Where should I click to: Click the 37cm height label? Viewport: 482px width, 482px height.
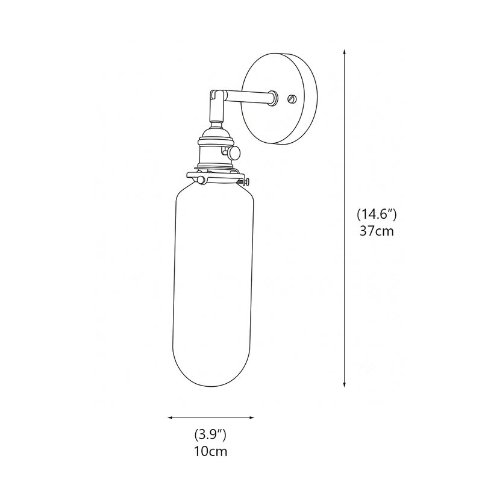(x=377, y=231)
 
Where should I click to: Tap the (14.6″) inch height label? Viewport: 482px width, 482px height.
(x=377, y=214)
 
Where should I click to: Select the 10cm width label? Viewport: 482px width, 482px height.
(x=210, y=451)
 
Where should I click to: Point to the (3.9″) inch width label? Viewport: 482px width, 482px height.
(x=210, y=435)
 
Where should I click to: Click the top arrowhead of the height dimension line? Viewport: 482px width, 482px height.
(x=344, y=51)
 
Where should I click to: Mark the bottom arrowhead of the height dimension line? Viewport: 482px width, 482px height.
(x=344, y=384)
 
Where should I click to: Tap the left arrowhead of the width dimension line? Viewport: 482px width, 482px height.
(x=170, y=418)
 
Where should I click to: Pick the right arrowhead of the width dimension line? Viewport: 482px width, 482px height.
(x=252, y=418)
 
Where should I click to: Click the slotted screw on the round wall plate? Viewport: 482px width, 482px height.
(x=292, y=99)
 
